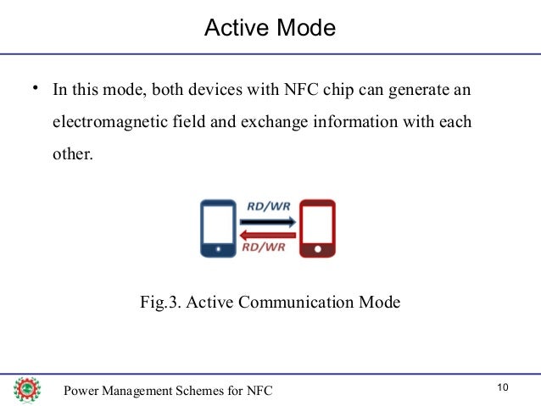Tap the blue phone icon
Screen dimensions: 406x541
pyautogui.click(x=220, y=228)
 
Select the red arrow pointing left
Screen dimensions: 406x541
pyautogui.click(x=268, y=236)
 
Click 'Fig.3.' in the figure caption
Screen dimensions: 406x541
pyautogui.click(x=160, y=302)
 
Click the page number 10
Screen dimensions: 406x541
pyautogui.click(x=503, y=387)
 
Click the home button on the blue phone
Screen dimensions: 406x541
pyautogui.click(x=220, y=250)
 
